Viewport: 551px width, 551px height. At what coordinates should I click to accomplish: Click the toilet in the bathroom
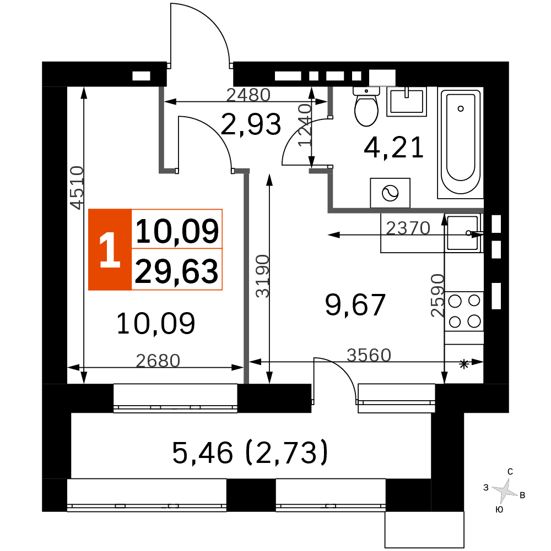pos(366,106)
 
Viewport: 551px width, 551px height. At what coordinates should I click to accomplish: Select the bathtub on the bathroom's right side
pos(461,143)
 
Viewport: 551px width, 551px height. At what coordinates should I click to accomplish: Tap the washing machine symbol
pos(390,193)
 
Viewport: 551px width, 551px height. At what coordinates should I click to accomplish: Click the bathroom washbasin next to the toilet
pos(407,101)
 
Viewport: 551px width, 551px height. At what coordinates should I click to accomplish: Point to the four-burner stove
pos(464,311)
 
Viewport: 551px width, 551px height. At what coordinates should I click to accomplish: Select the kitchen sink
pos(463,232)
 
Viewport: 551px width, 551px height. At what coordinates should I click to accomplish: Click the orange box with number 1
pos(110,249)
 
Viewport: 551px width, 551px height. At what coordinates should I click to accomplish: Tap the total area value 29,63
pos(177,271)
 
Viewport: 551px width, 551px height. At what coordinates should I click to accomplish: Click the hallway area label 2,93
pos(251,124)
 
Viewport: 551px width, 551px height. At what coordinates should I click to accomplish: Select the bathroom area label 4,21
pos(393,148)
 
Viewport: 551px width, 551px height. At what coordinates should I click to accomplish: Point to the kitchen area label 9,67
pos(355,304)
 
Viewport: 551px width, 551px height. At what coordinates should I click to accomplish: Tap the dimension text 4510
pos(77,188)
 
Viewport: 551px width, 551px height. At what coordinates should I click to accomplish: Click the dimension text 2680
pos(158,361)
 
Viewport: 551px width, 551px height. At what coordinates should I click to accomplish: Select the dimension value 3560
pos(369,355)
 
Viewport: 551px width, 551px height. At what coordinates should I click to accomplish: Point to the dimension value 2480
pos(248,95)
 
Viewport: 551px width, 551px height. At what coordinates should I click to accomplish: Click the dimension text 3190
pos(263,276)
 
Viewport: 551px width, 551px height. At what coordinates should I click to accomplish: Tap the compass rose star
pos(505,490)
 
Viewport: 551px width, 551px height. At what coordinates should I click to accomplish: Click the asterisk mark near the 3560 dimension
pos(464,364)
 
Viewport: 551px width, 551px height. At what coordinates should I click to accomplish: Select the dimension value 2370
pos(408,228)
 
